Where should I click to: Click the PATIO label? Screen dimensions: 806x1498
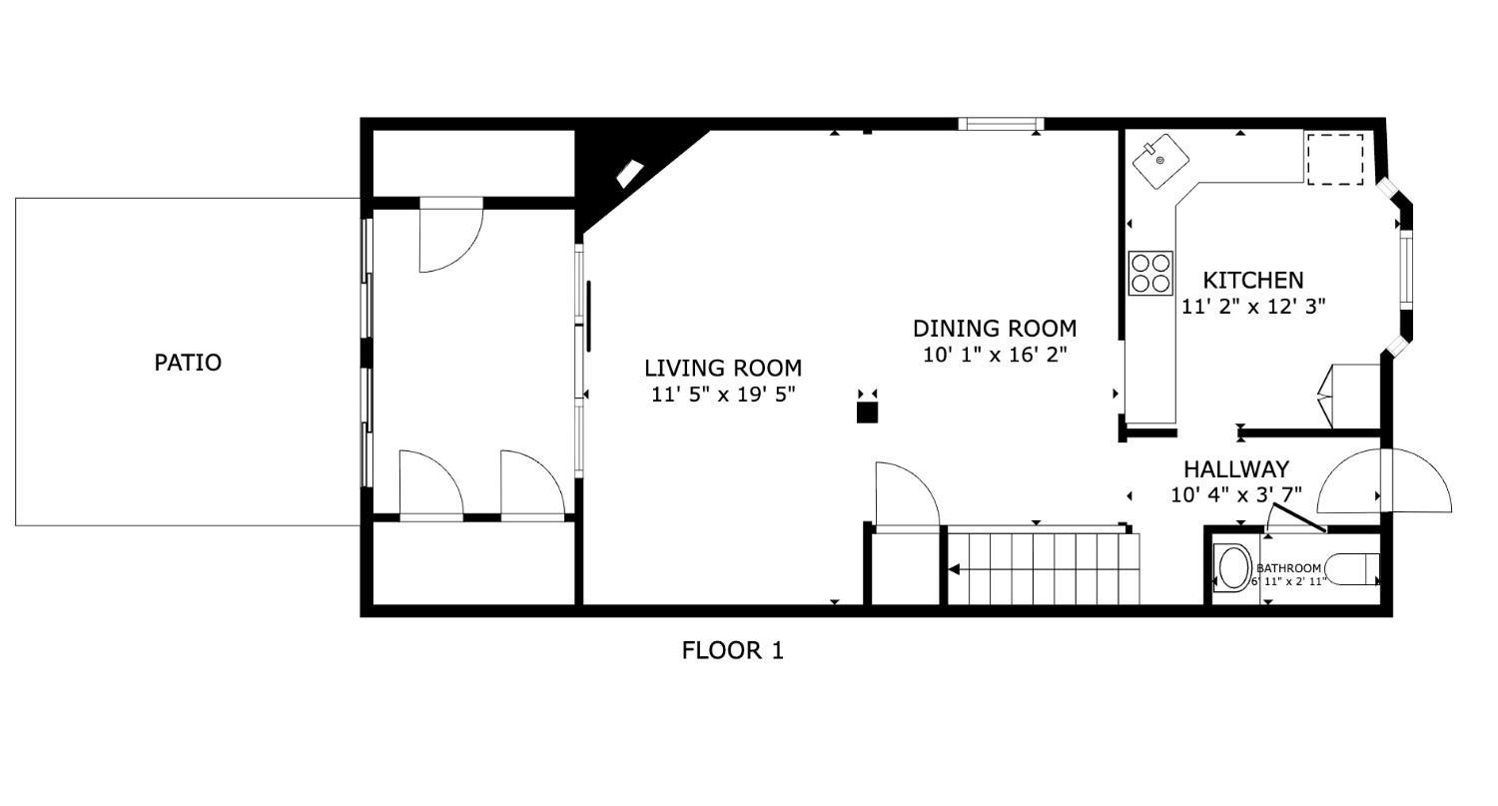(x=188, y=363)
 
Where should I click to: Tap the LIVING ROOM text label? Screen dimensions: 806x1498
(x=723, y=369)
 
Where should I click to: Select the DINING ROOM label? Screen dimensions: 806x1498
(x=995, y=329)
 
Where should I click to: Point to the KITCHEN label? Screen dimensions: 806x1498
(x=1252, y=281)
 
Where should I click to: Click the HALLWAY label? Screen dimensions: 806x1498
(x=1235, y=469)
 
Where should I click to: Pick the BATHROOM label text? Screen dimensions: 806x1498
(x=1288, y=568)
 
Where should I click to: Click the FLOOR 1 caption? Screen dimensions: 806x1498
(x=732, y=651)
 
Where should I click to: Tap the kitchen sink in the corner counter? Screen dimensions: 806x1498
(x=1159, y=160)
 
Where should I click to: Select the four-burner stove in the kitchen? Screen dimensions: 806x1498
(x=1150, y=273)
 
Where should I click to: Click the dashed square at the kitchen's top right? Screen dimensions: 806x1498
(x=1335, y=160)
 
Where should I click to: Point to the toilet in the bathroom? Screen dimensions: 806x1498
(x=1353, y=569)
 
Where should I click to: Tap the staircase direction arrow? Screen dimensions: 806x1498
(x=955, y=569)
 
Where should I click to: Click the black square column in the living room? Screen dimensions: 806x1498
(x=867, y=411)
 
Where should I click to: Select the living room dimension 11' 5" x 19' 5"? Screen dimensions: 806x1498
(x=723, y=395)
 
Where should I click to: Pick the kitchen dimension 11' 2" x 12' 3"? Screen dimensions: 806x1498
(x=1252, y=307)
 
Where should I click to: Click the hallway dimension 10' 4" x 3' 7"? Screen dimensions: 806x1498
(x=1235, y=494)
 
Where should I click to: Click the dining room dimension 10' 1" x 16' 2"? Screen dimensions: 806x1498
(x=995, y=355)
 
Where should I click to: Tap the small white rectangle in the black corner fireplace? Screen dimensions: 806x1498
(x=629, y=174)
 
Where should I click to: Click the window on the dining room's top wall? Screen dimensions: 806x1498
(x=1001, y=124)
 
